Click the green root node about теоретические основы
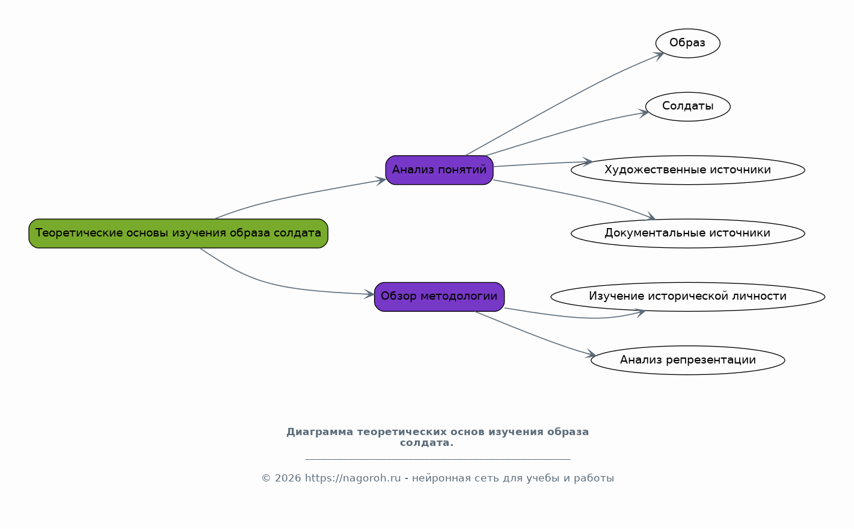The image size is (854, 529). (x=179, y=234)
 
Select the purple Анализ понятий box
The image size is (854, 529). (x=439, y=170)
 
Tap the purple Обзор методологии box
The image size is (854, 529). (x=439, y=297)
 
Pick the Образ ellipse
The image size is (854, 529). (x=688, y=43)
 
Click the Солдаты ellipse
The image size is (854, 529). (x=688, y=107)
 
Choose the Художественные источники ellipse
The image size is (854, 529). (x=688, y=170)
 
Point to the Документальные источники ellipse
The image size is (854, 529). (x=688, y=234)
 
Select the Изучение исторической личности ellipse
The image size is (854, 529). (x=688, y=297)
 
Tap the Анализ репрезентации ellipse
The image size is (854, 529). (x=688, y=360)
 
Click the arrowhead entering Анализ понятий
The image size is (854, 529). (x=381, y=181)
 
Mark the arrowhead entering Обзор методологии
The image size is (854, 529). (x=369, y=294)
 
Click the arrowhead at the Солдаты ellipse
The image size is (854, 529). (x=644, y=113)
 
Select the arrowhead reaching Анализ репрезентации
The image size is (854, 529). (x=591, y=354)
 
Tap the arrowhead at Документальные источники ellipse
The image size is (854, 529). (x=650, y=216)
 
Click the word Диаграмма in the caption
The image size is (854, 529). (x=320, y=432)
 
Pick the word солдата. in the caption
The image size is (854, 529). (x=426, y=442)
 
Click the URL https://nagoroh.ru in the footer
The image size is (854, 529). (x=352, y=478)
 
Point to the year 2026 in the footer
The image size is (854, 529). (x=287, y=478)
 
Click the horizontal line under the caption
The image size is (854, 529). (x=438, y=459)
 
